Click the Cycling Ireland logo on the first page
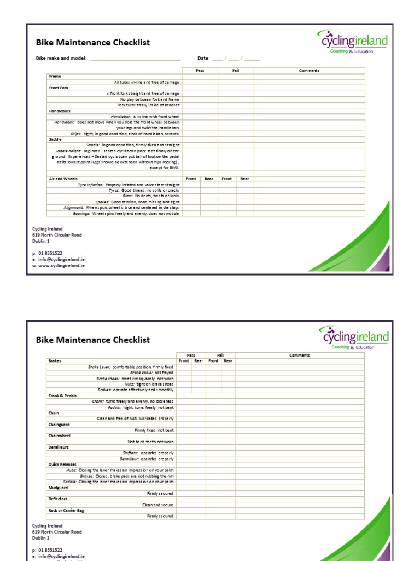(353, 42)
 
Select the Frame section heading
(55, 76)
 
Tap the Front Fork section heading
(59, 88)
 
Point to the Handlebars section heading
(60, 111)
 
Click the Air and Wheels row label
(63, 179)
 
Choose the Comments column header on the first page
(309, 71)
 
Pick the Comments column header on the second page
(299, 355)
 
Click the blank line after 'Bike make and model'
(135, 58)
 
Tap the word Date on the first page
(203, 58)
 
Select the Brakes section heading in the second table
(55, 361)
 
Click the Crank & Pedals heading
(62, 395)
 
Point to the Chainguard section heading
(59, 424)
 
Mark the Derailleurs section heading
(60, 447)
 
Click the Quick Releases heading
(62, 465)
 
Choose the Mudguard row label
(58, 487)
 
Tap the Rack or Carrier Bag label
(66, 510)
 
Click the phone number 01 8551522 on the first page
(50, 253)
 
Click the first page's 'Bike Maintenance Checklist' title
(92, 43)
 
